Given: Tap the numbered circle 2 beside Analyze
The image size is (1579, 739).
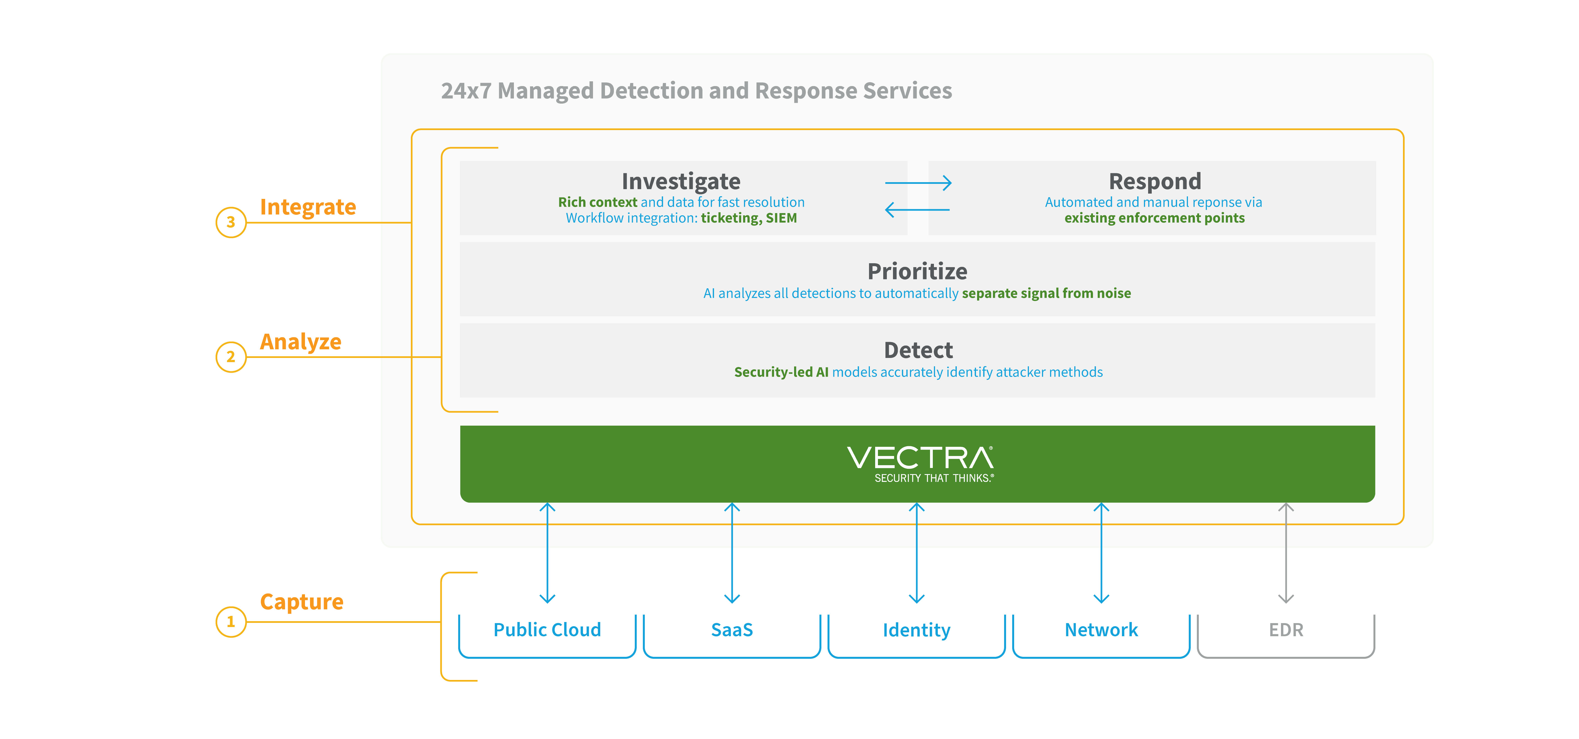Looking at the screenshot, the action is (231, 357).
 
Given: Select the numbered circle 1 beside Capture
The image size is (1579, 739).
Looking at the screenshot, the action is (231, 622).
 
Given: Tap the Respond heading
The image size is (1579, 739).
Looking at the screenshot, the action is (1155, 181).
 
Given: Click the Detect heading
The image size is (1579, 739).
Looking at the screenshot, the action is (918, 350).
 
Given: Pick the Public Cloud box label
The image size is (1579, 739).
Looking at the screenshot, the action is (547, 630).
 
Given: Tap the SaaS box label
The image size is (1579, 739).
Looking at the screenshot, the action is (732, 630).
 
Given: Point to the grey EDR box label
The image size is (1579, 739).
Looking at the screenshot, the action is (1286, 630).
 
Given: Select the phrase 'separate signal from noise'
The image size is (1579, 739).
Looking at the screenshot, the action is (1046, 294).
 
